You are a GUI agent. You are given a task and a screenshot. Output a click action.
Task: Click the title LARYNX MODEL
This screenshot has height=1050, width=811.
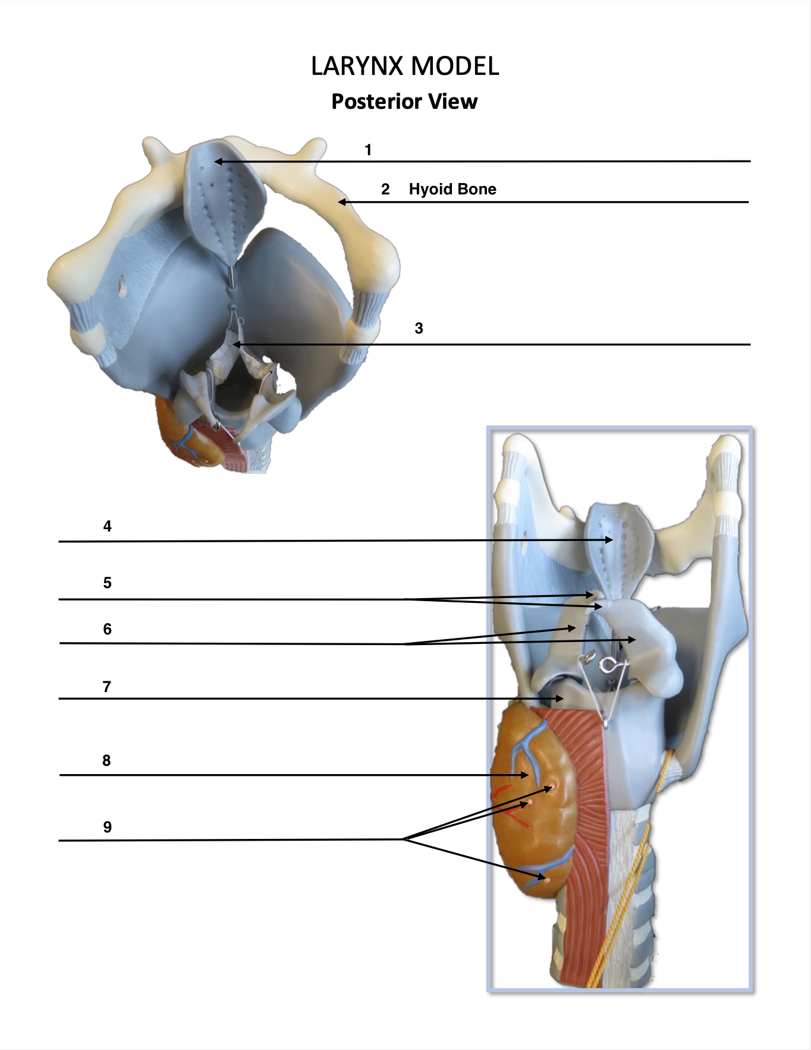[405, 66]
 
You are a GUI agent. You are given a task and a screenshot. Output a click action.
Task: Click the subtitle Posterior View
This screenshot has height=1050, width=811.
[404, 102]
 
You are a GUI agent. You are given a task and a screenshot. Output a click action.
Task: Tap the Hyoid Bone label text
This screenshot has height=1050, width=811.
[452, 189]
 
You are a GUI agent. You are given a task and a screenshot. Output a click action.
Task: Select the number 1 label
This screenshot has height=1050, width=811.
[368, 150]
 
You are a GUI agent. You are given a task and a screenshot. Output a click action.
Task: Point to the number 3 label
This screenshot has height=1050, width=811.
[419, 328]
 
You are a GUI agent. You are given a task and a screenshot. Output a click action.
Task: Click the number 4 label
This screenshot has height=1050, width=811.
[107, 526]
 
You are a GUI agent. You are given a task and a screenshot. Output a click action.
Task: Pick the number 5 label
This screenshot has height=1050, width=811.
[107, 583]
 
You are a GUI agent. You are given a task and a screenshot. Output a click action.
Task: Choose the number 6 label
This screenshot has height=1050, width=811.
[107, 629]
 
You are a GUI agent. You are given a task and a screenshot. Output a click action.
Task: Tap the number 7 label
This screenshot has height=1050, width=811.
[107, 687]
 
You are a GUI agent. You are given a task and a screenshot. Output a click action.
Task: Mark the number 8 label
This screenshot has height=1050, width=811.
[106, 760]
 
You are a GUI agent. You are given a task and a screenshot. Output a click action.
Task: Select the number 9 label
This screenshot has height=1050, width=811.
[107, 827]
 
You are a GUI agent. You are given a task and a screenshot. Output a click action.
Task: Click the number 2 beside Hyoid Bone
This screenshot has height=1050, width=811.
[385, 189]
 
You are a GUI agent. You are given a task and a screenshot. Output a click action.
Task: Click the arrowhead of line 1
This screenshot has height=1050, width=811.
[218, 161]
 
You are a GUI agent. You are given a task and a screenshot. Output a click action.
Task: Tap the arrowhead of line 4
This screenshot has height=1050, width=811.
[609, 540]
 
